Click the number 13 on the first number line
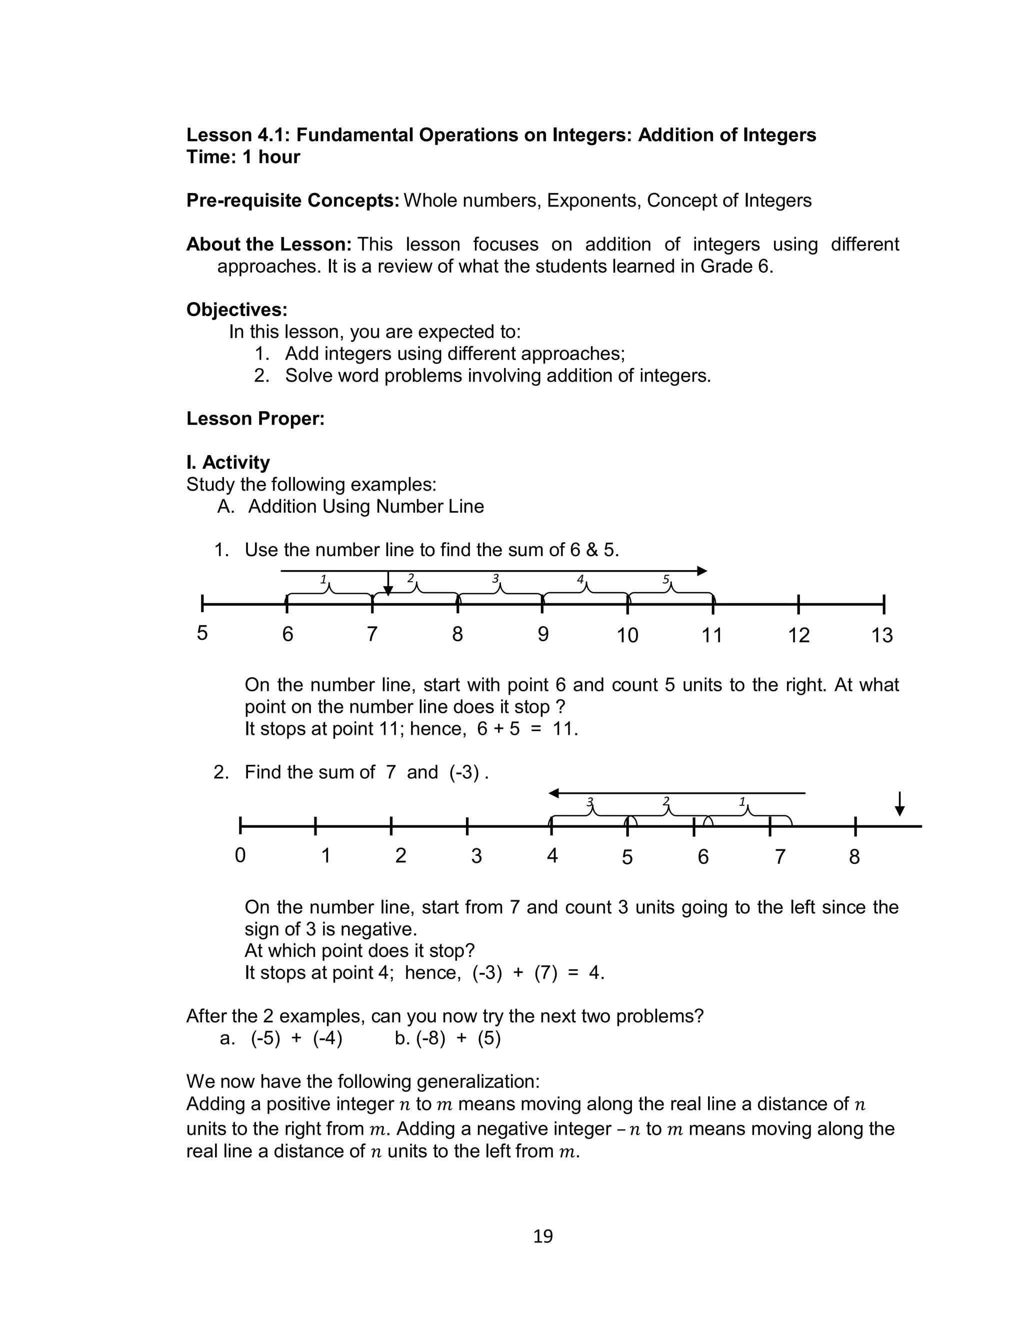point(881,635)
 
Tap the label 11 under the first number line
point(711,635)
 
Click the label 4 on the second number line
point(552,855)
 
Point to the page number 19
point(542,1235)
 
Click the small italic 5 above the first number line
point(665,579)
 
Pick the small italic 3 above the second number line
point(589,801)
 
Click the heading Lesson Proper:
point(255,419)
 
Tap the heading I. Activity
point(228,462)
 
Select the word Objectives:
point(236,310)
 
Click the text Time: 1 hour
point(243,157)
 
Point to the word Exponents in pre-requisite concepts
point(593,201)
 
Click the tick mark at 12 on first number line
point(798,605)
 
